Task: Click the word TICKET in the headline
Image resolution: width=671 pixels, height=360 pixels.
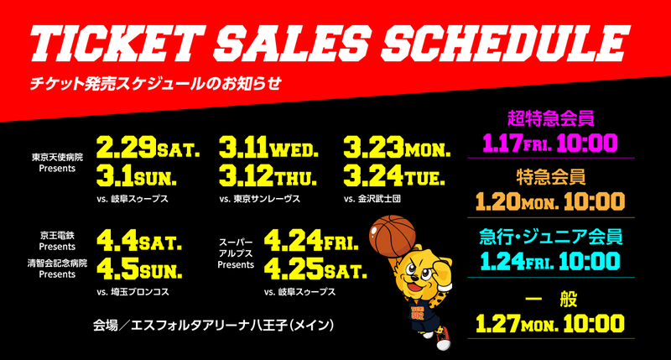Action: (117, 44)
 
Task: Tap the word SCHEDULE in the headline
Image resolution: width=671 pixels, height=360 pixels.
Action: (505, 44)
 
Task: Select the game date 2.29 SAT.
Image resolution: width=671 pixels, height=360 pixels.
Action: (148, 147)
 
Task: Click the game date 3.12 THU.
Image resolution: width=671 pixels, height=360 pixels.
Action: (268, 176)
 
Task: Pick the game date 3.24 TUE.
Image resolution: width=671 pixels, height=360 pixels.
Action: (394, 176)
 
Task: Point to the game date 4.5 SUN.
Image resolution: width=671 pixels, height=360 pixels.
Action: (139, 269)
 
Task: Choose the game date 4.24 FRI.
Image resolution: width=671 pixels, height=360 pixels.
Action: (311, 240)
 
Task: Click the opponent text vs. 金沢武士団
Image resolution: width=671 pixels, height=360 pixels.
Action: (372, 199)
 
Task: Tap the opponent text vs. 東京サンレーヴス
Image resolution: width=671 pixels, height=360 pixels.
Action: (260, 199)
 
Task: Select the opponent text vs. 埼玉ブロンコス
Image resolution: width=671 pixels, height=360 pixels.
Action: (133, 292)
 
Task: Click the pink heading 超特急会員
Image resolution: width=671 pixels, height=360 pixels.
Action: (551, 118)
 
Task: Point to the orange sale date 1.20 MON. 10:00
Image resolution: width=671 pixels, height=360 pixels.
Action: (550, 201)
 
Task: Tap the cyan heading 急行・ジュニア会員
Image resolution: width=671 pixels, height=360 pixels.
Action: (550, 237)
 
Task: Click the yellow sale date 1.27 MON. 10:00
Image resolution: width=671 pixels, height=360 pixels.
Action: (550, 324)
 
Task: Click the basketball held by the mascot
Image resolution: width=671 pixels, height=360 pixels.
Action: (392, 237)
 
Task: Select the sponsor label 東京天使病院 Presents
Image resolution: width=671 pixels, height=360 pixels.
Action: (57, 163)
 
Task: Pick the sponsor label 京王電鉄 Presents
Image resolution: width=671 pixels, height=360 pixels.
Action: (57, 241)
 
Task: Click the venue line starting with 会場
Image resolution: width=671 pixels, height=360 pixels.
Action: (213, 326)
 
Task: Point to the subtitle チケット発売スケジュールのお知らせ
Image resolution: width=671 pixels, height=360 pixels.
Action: (155, 83)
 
